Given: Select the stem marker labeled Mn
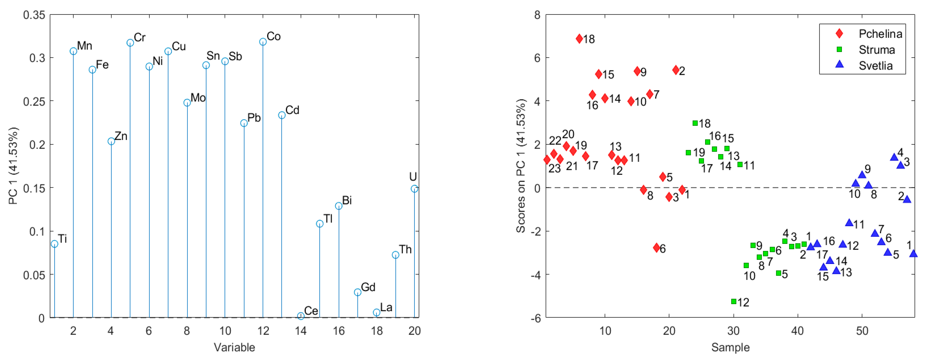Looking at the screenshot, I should pyautogui.click(x=74, y=51).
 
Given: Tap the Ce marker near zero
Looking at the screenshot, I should pyautogui.click(x=301, y=316).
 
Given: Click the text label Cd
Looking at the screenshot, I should pyautogui.click(x=292, y=110).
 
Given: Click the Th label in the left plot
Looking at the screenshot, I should pyautogui.click(x=405, y=249).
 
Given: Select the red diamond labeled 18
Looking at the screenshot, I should pyautogui.click(x=579, y=39).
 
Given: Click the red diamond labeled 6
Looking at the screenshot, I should pyautogui.click(x=656, y=248).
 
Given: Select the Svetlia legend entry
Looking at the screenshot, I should pyautogui.click(x=875, y=66).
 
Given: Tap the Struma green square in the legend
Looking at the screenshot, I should pyautogui.click(x=839, y=49).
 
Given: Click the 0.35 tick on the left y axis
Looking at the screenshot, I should pyautogui.click(x=34, y=15).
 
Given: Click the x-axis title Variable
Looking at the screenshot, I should pyautogui.click(x=234, y=347).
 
